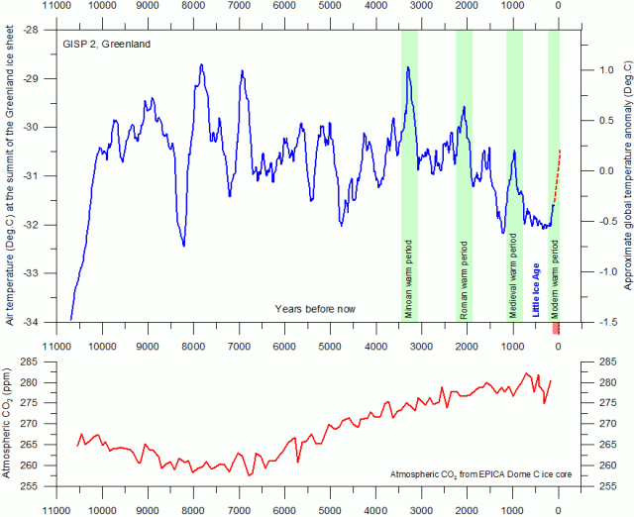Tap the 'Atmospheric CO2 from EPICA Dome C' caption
point(473,477)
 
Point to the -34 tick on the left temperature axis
point(32,349)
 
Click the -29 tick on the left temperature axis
point(32,79)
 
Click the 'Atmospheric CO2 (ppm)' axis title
point(9,424)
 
